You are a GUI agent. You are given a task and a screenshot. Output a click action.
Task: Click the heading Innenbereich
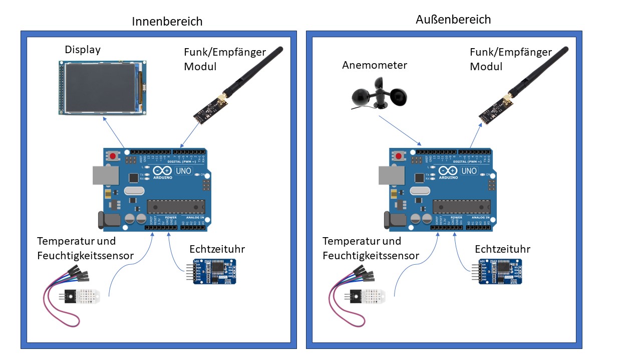(x=167, y=22)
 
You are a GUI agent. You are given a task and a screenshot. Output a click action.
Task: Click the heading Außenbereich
(x=453, y=20)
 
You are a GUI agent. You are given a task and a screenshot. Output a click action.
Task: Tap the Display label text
(x=83, y=50)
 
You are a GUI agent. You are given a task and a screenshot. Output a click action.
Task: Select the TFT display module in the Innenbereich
(x=102, y=88)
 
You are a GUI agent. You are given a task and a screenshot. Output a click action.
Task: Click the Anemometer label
(x=375, y=65)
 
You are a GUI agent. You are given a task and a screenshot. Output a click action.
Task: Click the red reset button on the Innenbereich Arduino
(x=113, y=156)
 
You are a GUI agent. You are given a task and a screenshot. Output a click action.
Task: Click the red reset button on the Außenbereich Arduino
(x=399, y=156)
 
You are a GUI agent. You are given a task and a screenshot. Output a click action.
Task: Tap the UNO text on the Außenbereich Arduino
(x=469, y=171)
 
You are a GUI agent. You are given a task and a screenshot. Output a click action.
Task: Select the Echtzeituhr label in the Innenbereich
(x=217, y=249)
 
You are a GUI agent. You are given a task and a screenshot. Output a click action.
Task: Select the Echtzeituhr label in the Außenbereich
(x=502, y=249)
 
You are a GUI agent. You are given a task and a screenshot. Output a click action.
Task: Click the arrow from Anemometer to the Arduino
(x=400, y=130)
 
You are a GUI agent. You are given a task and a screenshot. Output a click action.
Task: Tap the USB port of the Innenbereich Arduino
(x=105, y=175)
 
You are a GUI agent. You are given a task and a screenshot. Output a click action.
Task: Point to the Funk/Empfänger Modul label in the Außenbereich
(x=510, y=59)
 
